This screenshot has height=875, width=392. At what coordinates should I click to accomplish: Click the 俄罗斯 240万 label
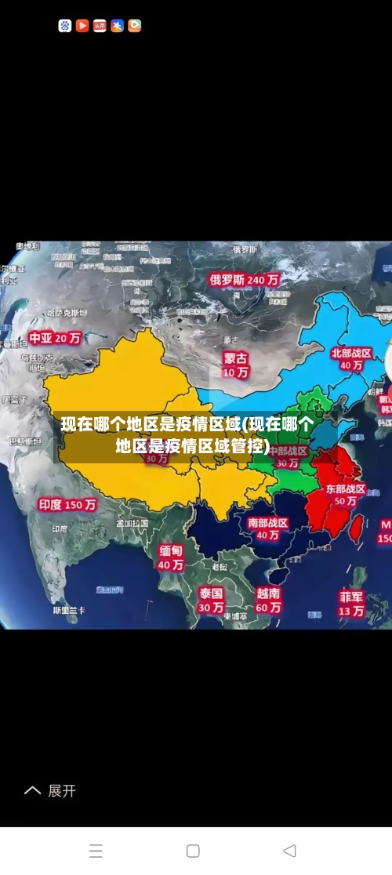click(x=244, y=279)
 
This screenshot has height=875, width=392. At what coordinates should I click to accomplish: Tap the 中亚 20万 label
click(x=55, y=339)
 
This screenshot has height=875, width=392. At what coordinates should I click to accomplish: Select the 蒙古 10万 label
click(x=235, y=365)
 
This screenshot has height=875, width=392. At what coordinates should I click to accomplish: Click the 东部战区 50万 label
click(x=345, y=494)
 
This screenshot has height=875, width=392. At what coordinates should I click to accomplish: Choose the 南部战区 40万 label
click(x=267, y=528)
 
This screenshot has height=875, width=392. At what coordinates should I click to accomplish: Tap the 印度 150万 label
click(x=67, y=505)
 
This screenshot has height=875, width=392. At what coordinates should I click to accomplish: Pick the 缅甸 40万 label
click(x=171, y=557)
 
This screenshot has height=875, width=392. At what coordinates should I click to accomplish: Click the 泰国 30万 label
click(x=210, y=600)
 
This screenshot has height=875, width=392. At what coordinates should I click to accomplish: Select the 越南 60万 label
click(x=268, y=600)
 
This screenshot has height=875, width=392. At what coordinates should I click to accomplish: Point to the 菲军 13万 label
click(x=351, y=603)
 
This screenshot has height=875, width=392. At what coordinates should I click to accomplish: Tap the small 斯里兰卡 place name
click(x=69, y=610)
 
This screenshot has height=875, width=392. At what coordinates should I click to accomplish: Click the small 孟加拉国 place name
click(x=132, y=523)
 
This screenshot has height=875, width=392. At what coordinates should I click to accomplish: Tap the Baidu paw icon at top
click(x=65, y=26)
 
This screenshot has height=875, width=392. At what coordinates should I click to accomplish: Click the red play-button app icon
click(x=82, y=26)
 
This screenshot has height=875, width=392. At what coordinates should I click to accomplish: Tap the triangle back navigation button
click(x=289, y=851)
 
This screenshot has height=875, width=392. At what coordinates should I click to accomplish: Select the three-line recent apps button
click(x=96, y=851)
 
